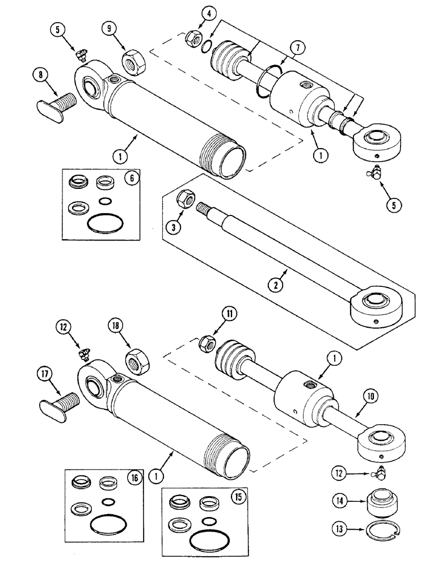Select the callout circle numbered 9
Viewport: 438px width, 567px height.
(110, 29)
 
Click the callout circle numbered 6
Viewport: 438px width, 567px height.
(130, 178)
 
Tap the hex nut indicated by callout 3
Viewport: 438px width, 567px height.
(187, 198)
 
